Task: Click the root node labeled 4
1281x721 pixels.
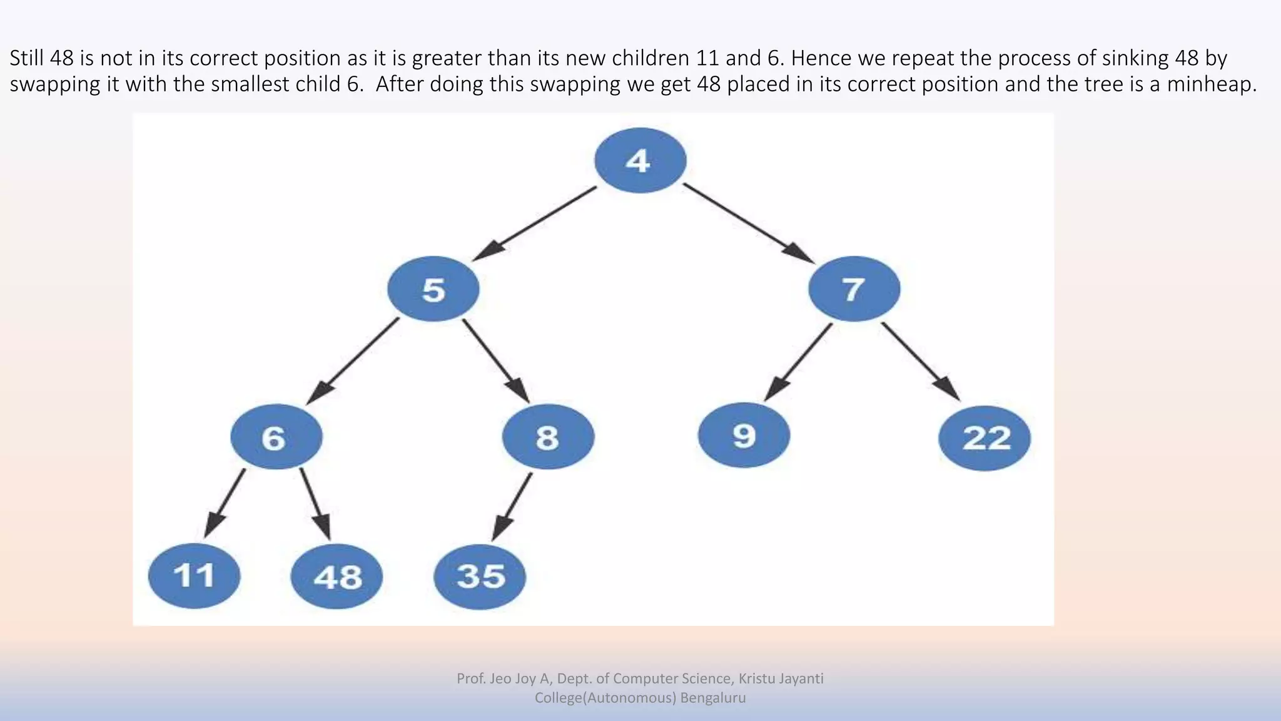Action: point(640,161)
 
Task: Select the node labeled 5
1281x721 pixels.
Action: point(433,289)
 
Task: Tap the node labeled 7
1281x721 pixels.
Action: point(854,289)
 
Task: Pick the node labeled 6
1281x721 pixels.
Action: point(276,437)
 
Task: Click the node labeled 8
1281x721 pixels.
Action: point(548,437)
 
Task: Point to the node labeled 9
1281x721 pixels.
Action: point(744,435)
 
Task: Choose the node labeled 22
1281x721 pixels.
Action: point(985,437)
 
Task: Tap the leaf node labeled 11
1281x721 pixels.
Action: point(194,576)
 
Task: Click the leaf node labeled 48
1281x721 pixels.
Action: point(337,576)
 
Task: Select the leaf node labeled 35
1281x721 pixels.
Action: point(480,576)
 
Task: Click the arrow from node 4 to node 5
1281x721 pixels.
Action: point(535,223)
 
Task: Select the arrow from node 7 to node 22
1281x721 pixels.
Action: point(919,360)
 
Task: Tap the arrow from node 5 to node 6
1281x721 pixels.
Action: point(353,360)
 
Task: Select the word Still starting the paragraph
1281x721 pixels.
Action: point(26,58)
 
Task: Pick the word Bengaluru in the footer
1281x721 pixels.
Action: point(713,698)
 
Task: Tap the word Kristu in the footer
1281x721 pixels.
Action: point(756,678)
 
